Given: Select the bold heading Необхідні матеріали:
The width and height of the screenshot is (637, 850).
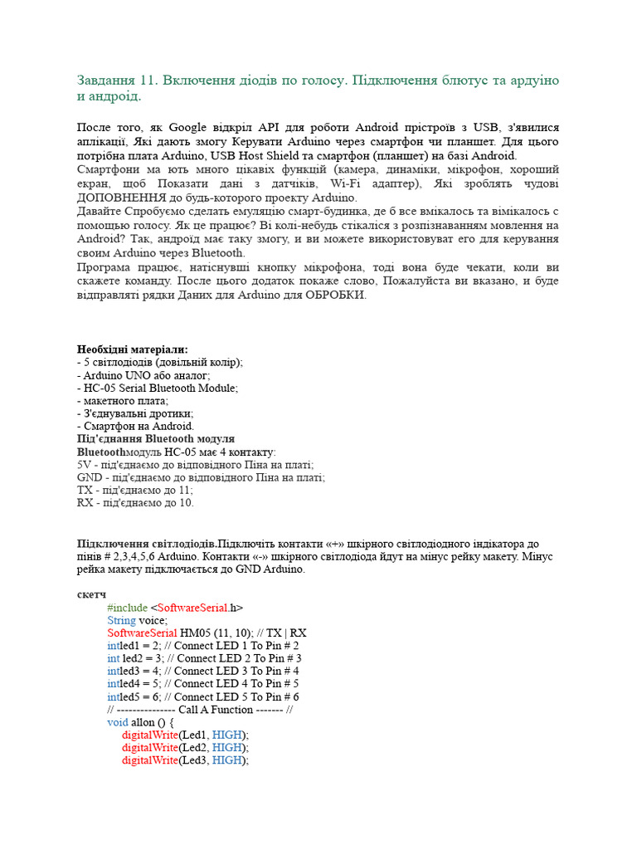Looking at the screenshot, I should coord(133,349).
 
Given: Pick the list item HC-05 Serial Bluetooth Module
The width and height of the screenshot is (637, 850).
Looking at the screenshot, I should coord(158,388).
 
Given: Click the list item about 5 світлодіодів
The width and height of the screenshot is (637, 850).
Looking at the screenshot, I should coord(160,363).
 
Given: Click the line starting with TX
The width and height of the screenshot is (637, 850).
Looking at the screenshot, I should coord(134,490).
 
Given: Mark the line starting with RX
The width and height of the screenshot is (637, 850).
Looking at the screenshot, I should coord(135,502).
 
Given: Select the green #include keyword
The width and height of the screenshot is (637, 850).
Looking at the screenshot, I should coord(127,608).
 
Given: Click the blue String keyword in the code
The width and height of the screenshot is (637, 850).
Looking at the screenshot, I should coord(121,620).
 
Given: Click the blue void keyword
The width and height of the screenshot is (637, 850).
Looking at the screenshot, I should coord(118,722).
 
